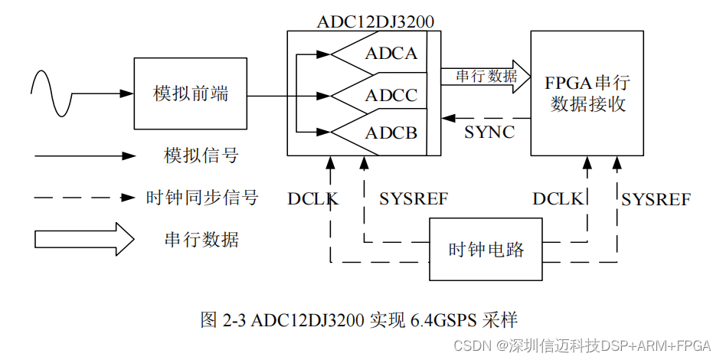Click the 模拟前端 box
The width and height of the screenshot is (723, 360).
pyautogui.click(x=191, y=93)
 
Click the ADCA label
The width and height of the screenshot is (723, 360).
pyautogui.click(x=391, y=54)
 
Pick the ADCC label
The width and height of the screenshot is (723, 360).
pyautogui.click(x=391, y=96)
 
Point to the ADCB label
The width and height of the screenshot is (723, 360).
pyautogui.click(x=391, y=133)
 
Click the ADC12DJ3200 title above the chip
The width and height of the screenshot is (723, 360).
pyautogui.click(x=375, y=21)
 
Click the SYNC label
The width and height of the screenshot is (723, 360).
pyautogui.click(x=489, y=132)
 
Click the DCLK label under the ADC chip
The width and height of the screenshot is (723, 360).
pyautogui.click(x=313, y=199)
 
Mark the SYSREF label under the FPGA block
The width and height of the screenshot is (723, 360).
pyautogui.click(x=656, y=199)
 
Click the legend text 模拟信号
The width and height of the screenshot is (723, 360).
pyautogui.click(x=201, y=156)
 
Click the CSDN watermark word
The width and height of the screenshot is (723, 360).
pyautogui.click(x=471, y=345)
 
